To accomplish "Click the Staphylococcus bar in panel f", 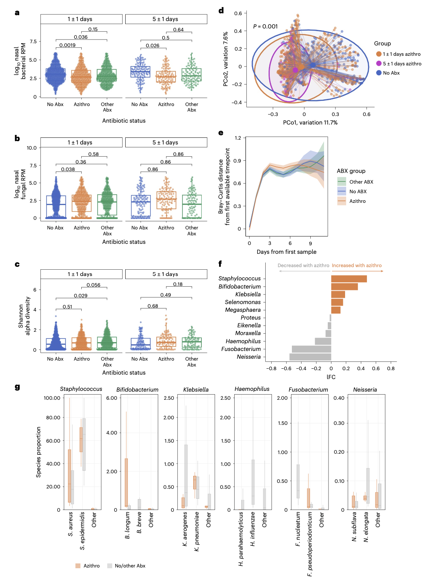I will pyautogui.click(x=349, y=279).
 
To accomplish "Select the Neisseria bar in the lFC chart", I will pyautogui.click(x=310, y=357).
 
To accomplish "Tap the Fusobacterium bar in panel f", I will pyautogui.click(x=311, y=349).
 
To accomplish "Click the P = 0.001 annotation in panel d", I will pyautogui.click(x=265, y=27).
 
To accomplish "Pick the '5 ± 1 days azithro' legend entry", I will pyautogui.click(x=402, y=64).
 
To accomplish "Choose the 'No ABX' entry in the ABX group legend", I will pyautogui.click(x=358, y=191).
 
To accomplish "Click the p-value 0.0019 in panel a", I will pyautogui.click(x=67, y=45).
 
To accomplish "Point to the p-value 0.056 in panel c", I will pyautogui.click(x=93, y=285).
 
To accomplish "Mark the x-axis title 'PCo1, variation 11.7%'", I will pyautogui.click(x=310, y=123).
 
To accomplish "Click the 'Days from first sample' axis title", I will pyautogui.click(x=286, y=252).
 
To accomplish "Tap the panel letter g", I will pyautogui.click(x=17, y=387).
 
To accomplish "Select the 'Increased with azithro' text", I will pyautogui.click(x=357, y=265).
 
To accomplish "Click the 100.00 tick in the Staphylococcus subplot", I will pyautogui.click(x=52, y=398).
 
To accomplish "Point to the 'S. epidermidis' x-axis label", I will pyautogui.click(x=82, y=531).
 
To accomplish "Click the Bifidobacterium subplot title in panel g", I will pyautogui.click(x=137, y=390).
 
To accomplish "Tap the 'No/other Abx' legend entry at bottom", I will pyautogui.click(x=130, y=566).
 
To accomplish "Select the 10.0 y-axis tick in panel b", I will pyautogui.click(x=31, y=148).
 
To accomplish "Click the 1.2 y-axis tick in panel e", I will pyautogui.click(x=238, y=138).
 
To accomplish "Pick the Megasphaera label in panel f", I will pyautogui.click(x=243, y=310).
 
